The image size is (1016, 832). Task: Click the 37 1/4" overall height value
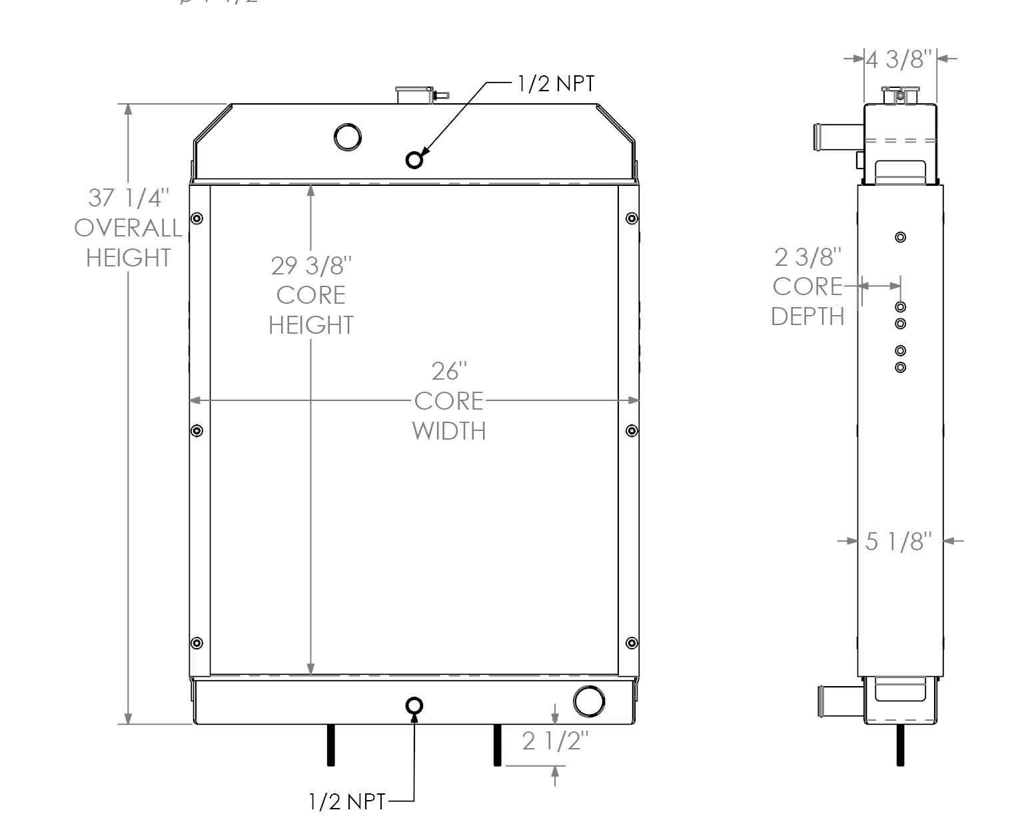click(x=129, y=199)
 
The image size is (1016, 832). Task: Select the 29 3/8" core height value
click(x=310, y=266)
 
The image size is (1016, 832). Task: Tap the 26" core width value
click(x=449, y=371)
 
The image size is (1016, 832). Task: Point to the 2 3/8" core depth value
click(x=807, y=256)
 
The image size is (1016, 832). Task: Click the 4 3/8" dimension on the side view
click(x=901, y=59)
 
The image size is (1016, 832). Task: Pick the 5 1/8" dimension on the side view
click(x=898, y=541)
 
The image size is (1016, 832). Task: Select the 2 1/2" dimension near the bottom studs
click(x=555, y=741)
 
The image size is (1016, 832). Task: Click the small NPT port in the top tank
click(x=414, y=160)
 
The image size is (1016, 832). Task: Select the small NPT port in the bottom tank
click(x=414, y=705)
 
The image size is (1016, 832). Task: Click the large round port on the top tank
click(x=348, y=137)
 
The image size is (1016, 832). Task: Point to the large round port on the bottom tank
click(x=589, y=701)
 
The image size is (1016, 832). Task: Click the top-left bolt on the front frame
click(x=197, y=218)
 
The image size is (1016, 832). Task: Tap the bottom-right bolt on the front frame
click(x=632, y=643)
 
